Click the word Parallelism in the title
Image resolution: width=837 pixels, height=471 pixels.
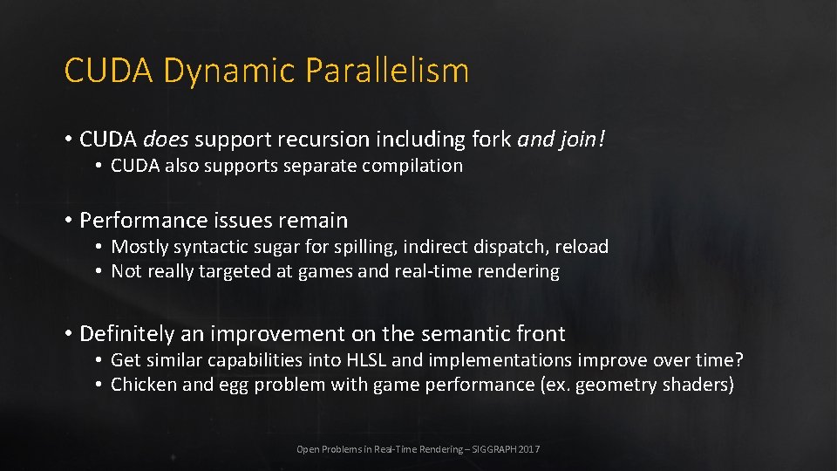(x=387, y=71)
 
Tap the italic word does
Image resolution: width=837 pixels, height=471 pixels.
(x=166, y=140)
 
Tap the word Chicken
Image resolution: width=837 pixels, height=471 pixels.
(x=144, y=385)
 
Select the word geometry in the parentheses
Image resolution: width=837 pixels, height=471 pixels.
(x=614, y=386)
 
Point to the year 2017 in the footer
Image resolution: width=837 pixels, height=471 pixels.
(x=529, y=449)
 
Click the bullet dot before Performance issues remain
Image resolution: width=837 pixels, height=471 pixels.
(x=68, y=221)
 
